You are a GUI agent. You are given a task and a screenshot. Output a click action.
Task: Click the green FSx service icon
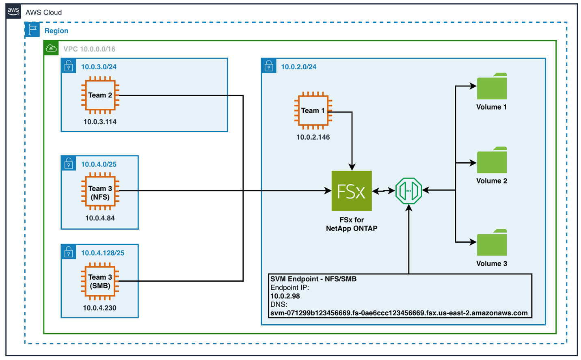click(351, 191)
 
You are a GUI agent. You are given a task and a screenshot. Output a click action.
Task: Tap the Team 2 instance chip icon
click(100, 95)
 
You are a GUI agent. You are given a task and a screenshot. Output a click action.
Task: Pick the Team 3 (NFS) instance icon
click(100, 191)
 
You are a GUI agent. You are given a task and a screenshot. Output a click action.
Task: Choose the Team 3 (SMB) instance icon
click(100, 281)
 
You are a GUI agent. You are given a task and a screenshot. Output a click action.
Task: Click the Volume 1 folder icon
click(492, 86)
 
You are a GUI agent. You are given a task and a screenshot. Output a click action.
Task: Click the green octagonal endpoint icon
click(408, 191)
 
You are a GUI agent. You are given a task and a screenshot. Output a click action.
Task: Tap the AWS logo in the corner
click(13, 11)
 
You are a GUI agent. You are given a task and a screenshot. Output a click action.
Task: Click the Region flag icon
click(32, 30)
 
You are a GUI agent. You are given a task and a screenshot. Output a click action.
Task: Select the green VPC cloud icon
click(51, 48)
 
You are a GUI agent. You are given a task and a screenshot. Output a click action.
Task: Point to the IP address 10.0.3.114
click(100, 122)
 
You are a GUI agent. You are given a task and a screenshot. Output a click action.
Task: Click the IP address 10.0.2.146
click(313, 137)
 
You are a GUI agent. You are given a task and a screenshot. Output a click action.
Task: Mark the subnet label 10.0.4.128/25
click(103, 253)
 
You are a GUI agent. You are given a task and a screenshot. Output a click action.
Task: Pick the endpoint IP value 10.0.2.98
click(285, 296)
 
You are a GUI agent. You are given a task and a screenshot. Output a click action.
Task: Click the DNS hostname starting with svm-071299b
click(399, 313)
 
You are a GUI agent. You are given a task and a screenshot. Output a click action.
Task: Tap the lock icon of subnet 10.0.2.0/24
click(269, 66)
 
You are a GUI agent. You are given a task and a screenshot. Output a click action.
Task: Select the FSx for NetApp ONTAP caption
click(352, 224)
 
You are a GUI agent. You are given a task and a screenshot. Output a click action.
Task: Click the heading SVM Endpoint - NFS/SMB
click(313, 279)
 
